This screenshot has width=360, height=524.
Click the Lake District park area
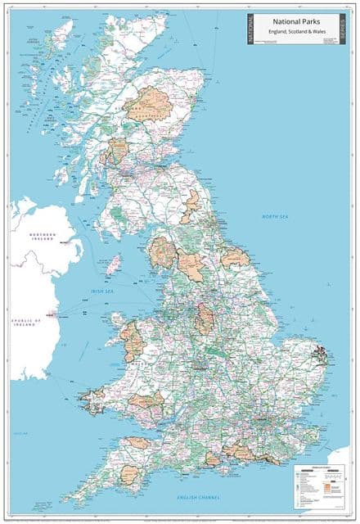click(x=162, y=253)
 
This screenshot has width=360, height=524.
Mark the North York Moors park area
click(x=235, y=258)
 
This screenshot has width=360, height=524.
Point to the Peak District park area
click(x=205, y=318)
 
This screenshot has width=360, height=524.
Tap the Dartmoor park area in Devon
click(x=131, y=474)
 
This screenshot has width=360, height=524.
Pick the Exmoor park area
click(x=139, y=443)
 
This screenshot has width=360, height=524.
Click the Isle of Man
click(x=115, y=264)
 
